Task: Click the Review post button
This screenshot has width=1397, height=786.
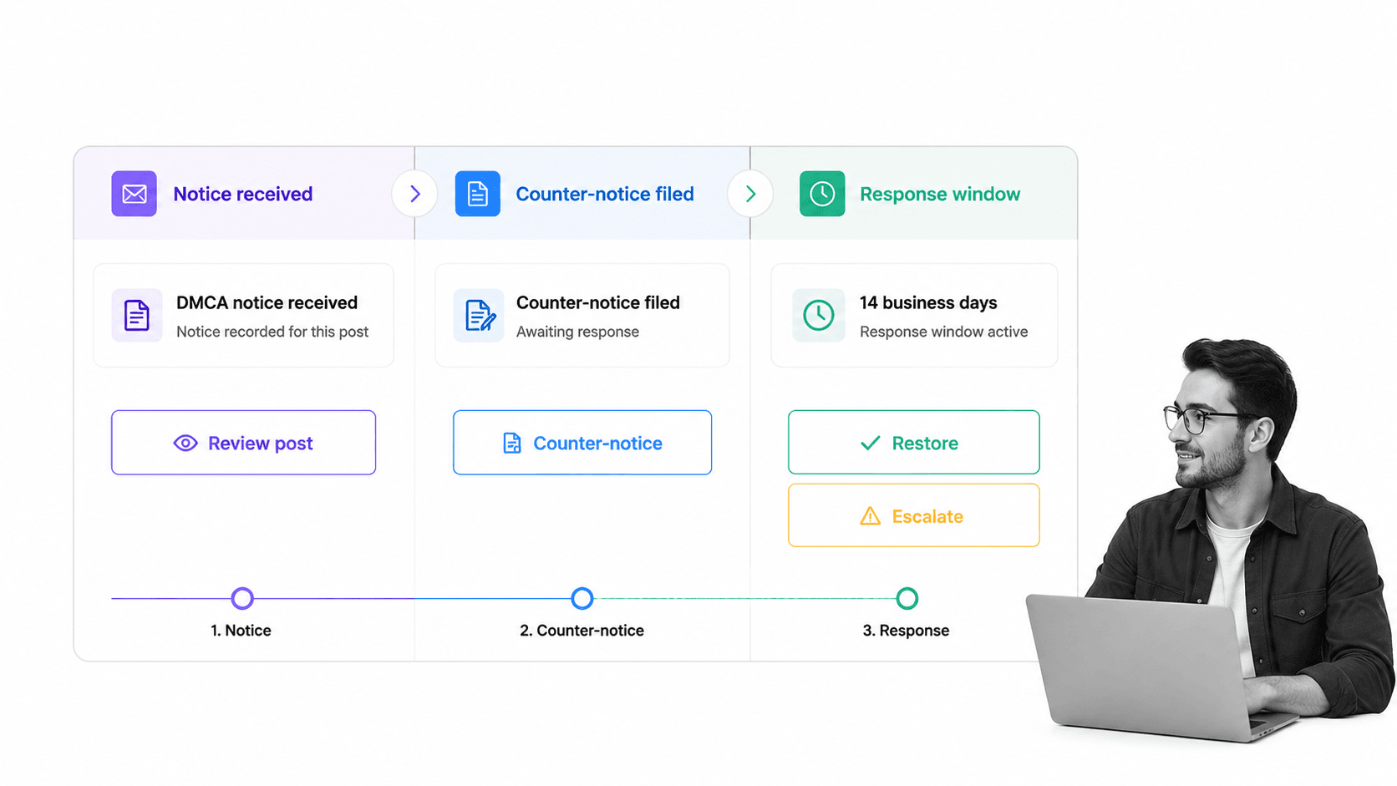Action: point(243,443)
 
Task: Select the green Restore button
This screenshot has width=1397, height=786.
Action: point(914,442)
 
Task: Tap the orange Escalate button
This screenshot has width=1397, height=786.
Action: point(914,515)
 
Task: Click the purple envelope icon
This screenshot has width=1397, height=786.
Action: point(134,194)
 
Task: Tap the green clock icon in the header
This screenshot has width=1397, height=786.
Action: point(822,194)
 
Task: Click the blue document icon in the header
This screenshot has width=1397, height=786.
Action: point(478,194)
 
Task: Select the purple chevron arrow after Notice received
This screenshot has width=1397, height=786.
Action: point(414,194)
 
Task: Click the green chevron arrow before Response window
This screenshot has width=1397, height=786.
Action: point(750,194)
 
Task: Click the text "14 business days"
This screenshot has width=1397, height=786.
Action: point(928,303)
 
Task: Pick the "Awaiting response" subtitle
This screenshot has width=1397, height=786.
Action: point(577,332)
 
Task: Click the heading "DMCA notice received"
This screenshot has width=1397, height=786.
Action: point(267,303)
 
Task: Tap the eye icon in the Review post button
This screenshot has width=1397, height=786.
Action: point(185,444)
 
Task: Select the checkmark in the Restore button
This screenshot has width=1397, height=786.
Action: point(870,444)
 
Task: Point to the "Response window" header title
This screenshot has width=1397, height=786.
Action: point(940,194)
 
